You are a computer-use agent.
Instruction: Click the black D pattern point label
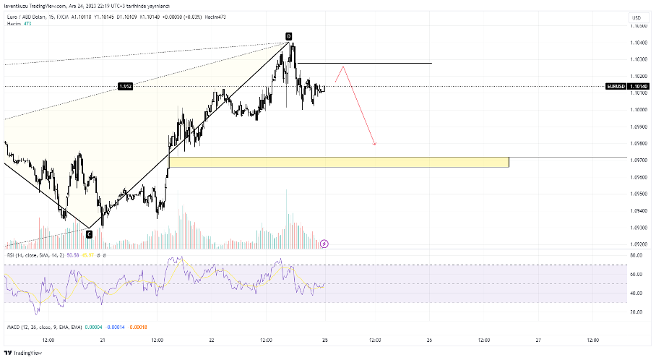point(288,36)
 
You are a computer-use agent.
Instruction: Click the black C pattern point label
point(89,233)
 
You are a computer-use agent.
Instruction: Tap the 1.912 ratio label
point(125,87)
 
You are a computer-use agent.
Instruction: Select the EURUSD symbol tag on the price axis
point(616,86)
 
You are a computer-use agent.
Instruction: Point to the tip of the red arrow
point(375,145)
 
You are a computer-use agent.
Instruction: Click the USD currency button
point(636,18)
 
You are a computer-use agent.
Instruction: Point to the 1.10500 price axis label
point(638,26)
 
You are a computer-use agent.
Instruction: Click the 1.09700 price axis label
point(638,160)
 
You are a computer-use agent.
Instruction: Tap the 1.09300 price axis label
point(638,227)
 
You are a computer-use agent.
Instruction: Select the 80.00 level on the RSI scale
point(636,255)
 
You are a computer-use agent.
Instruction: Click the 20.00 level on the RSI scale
point(636,312)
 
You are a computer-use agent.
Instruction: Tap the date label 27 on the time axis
point(538,340)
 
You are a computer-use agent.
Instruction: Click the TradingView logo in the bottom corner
point(23,353)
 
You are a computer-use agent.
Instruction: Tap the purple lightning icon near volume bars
point(324,244)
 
